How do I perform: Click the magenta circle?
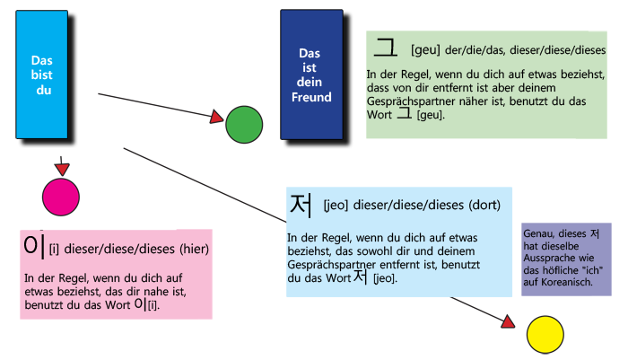pos(61,197)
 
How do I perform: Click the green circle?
pos(243,124)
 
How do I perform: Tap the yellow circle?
pos(544,334)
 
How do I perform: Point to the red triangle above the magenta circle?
pos(62,170)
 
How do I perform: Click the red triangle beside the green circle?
pos(215,118)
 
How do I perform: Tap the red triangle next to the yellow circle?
pos(509,321)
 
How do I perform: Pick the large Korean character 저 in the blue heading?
pos(301,205)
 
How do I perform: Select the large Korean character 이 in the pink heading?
pos(33,244)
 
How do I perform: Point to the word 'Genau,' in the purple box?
pos(538,233)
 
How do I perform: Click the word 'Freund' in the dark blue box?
pos(314,97)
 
